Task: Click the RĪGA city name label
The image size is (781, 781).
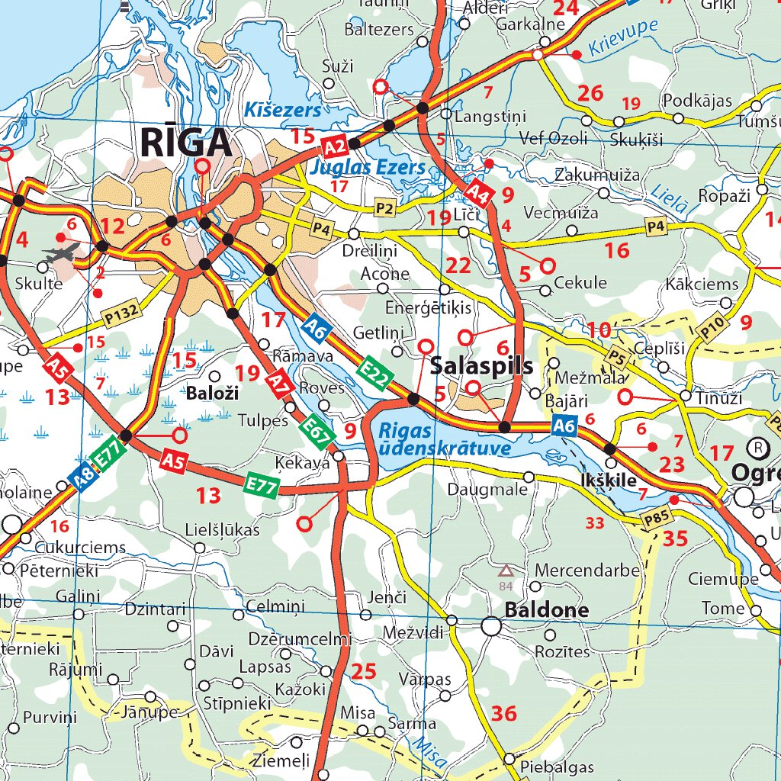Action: click(x=185, y=143)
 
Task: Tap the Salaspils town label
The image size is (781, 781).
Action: click(x=481, y=365)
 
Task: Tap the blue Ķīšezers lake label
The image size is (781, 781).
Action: click(x=283, y=111)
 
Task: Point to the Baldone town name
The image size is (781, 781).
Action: click(x=547, y=610)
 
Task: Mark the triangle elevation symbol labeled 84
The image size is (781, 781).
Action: click(x=505, y=570)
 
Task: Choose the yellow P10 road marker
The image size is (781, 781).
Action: click(x=712, y=328)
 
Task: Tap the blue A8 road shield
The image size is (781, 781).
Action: click(x=81, y=477)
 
